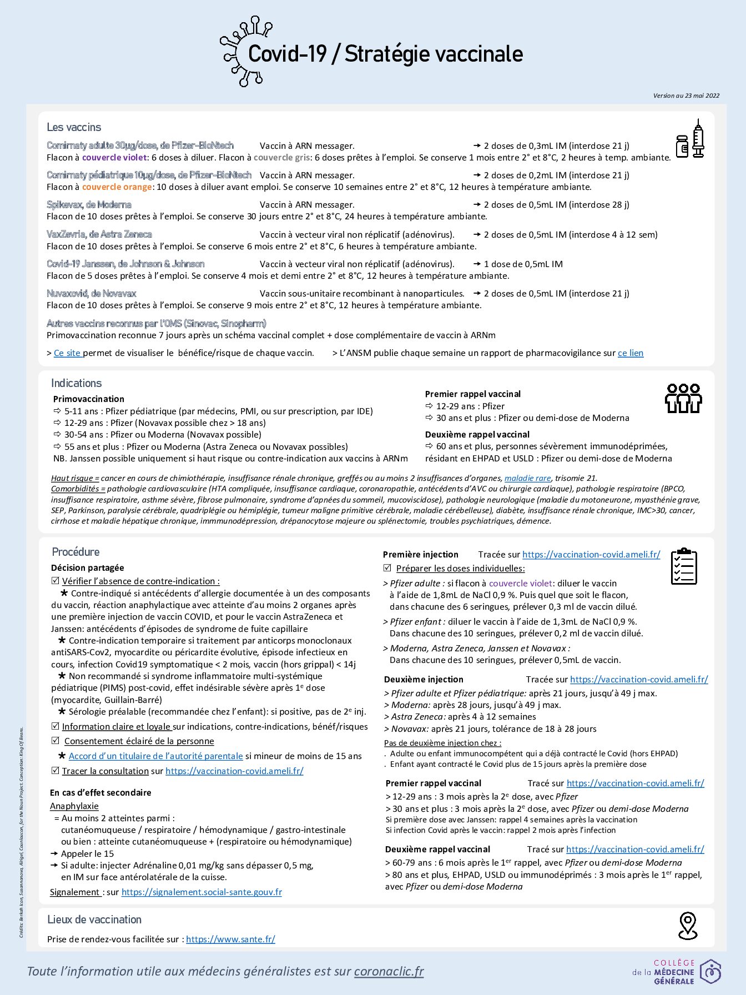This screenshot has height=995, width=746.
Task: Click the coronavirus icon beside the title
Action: pyautogui.click(x=244, y=51)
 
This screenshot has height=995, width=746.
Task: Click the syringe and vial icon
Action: pyautogui.click(x=690, y=139)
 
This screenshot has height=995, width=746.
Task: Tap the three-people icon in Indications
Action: pyautogui.click(x=683, y=398)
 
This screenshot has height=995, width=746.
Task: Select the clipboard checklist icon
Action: pyautogui.click(x=683, y=566)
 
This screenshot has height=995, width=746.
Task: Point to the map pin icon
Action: pyautogui.click(x=688, y=926)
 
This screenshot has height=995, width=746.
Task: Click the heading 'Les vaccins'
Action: pyautogui.click(x=74, y=127)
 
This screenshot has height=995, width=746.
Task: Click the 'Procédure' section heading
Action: pyautogui.click(x=75, y=551)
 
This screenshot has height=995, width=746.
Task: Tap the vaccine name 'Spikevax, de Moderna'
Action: pyautogui.click(x=89, y=204)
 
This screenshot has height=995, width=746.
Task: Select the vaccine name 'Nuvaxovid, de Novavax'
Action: pyautogui.click(x=91, y=293)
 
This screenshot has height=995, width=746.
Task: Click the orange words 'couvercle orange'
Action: pyautogui.click(x=117, y=187)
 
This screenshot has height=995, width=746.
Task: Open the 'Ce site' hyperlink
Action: pyautogui.click(x=67, y=353)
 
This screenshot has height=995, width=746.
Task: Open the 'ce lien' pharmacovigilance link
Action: pyautogui.click(x=631, y=353)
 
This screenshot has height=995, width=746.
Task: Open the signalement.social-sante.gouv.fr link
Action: pyautogui.click(x=201, y=892)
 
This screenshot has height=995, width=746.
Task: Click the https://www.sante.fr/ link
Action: pyautogui.click(x=230, y=939)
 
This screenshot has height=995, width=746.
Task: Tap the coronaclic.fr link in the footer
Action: pyautogui.click(x=389, y=971)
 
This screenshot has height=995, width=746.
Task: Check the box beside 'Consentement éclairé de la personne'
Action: pyautogui.click(x=55, y=741)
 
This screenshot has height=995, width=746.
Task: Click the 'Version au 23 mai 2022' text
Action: pyautogui.click(x=686, y=96)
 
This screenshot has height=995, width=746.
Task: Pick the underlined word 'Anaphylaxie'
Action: pyautogui.click(x=74, y=806)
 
